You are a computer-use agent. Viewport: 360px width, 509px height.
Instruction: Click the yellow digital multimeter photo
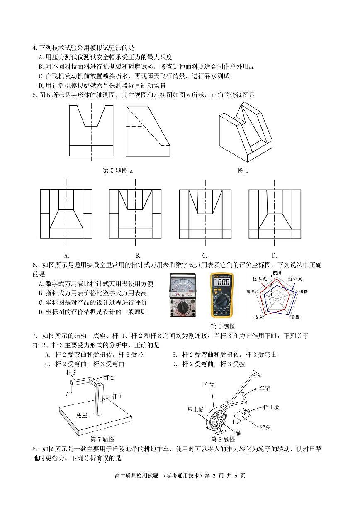(x=221, y=295)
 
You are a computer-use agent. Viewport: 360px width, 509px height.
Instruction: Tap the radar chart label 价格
(x=303, y=292)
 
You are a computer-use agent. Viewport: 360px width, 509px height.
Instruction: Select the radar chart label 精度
(x=251, y=292)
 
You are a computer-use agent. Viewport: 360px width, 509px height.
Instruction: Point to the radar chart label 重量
(x=295, y=317)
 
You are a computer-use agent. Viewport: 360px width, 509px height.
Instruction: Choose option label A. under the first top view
(x=66, y=256)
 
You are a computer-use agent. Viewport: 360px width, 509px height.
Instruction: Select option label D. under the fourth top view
(x=274, y=256)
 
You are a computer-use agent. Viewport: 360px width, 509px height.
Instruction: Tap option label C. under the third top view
(x=204, y=256)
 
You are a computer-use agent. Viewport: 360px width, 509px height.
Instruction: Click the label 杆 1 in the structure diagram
(x=117, y=396)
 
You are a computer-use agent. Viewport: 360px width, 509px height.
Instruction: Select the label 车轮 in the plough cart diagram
(x=209, y=385)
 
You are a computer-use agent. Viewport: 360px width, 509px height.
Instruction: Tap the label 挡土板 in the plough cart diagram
(x=271, y=407)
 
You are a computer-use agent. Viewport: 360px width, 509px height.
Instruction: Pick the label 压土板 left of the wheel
(x=195, y=409)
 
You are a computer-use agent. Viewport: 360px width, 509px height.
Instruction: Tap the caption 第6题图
(x=223, y=326)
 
